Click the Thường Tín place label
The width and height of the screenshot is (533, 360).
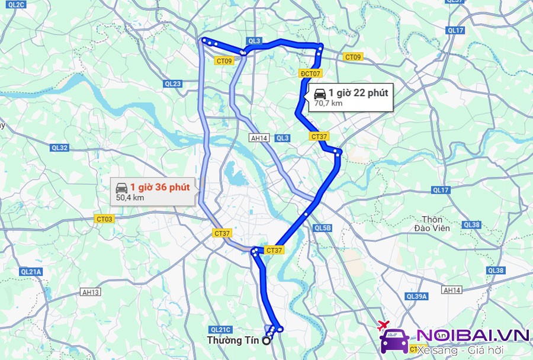point(233,340)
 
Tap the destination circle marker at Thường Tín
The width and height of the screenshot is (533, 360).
point(266,340)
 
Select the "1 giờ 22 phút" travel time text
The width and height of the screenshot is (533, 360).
point(358,92)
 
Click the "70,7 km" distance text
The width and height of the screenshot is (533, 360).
point(328,103)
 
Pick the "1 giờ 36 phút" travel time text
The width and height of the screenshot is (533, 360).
point(160,187)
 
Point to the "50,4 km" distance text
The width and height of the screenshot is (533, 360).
point(130,198)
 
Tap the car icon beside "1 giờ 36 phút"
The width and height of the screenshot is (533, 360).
point(121,188)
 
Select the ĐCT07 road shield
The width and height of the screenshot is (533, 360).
point(311,73)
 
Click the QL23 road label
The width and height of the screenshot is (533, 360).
point(173,84)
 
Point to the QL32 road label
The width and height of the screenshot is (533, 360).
point(60,148)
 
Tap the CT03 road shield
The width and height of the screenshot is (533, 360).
point(104,219)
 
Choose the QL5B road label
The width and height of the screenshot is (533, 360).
point(323,228)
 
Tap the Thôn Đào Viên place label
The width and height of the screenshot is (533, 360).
point(432,224)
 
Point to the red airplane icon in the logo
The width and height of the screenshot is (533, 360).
point(382,324)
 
